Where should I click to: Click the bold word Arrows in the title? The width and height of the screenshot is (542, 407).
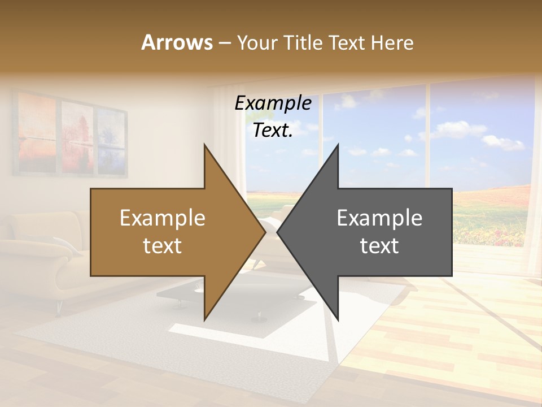[x=177, y=42]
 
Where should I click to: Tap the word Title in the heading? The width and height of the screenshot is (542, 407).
[x=303, y=43]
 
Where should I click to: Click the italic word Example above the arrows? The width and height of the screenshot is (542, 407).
[x=273, y=103]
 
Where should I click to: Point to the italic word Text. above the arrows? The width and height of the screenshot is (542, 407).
[x=273, y=131]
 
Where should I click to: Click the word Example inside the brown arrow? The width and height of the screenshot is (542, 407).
[x=162, y=218]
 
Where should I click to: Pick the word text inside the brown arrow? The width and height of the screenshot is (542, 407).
[x=162, y=246]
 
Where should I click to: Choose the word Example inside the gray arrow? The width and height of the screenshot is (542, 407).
[x=379, y=218]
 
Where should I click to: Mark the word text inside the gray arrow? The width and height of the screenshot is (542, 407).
[x=379, y=246]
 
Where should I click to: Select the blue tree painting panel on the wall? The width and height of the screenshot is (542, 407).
[x=111, y=138]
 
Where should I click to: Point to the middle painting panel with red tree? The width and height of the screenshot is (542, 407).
[x=77, y=136]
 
